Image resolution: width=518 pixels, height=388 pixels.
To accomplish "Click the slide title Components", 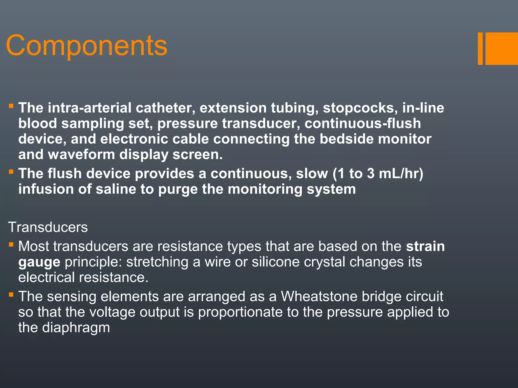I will (87, 46).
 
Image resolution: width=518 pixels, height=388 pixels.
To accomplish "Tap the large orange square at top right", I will (501, 48).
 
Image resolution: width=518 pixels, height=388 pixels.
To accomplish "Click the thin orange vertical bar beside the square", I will (480, 48).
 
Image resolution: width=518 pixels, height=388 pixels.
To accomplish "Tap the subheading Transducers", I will (48, 227).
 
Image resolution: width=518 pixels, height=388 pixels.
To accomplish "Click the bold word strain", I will (425, 246).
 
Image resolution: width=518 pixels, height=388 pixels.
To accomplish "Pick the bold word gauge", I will (39, 262).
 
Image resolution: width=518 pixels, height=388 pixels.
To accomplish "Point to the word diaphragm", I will (76, 328).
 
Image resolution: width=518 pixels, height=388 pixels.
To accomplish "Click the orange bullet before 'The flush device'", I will (11, 172).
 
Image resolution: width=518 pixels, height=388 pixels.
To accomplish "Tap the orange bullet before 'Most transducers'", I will (11, 245).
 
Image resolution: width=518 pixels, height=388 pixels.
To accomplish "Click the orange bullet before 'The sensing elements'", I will (11, 295).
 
